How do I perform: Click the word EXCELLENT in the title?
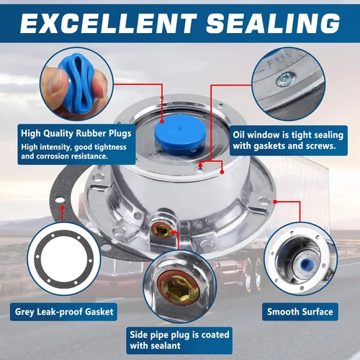(109, 23)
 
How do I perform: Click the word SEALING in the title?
(273, 23)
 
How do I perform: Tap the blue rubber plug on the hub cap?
(180, 135)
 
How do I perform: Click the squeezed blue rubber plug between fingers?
(77, 84)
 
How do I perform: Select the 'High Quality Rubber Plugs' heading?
(76, 133)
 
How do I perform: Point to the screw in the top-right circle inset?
(286, 78)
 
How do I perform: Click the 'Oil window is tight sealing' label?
(288, 135)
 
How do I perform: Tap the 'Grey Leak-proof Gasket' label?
(64, 312)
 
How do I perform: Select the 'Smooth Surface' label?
(300, 312)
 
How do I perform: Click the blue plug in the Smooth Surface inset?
(306, 264)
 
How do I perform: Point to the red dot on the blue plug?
(162, 121)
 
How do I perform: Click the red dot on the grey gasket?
(63, 207)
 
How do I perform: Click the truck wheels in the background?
(251, 274)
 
